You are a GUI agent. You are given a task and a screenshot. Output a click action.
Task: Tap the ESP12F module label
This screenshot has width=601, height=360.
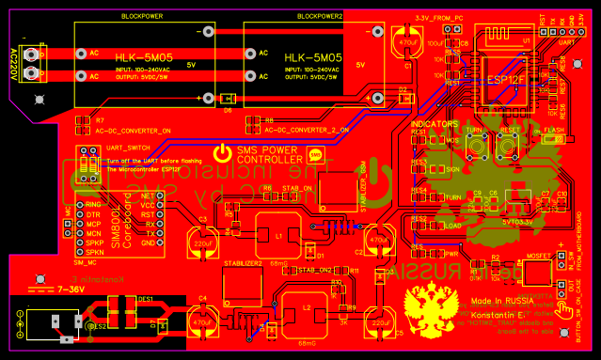pyautogui.click(x=503, y=80)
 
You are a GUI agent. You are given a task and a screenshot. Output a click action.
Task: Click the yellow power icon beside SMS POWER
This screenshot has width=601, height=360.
pyautogui.click(x=221, y=153)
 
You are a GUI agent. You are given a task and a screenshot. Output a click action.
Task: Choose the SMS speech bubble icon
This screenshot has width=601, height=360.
pyautogui.click(x=315, y=155)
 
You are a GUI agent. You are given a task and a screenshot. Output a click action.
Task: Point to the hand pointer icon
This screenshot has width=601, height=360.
pyautogui.click(x=561, y=301)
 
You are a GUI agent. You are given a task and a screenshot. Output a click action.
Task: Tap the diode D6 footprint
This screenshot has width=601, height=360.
pyautogui.click(x=226, y=100)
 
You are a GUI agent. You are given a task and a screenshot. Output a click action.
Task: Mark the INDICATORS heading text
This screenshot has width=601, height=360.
pyautogui.click(x=435, y=123)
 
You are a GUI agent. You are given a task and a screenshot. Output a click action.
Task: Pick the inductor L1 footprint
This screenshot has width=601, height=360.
pyautogui.click(x=279, y=236)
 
